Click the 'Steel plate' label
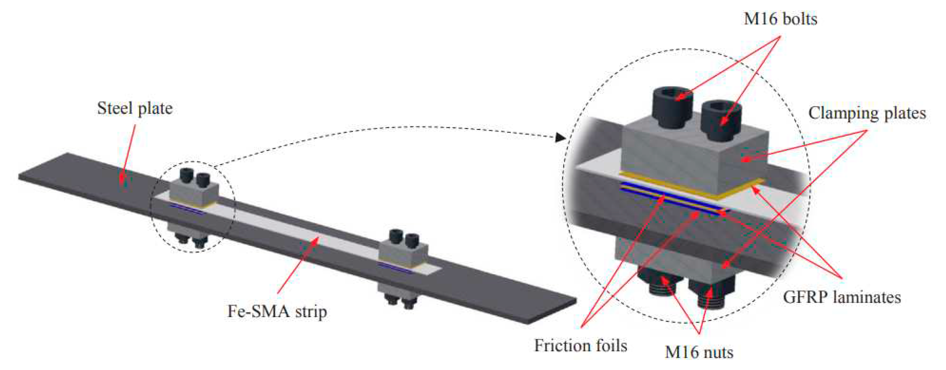point(135,109)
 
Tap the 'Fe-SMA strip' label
point(277,312)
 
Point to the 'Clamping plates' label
point(867,113)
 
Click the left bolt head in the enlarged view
point(672,107)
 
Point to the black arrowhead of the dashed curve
point(561,137)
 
